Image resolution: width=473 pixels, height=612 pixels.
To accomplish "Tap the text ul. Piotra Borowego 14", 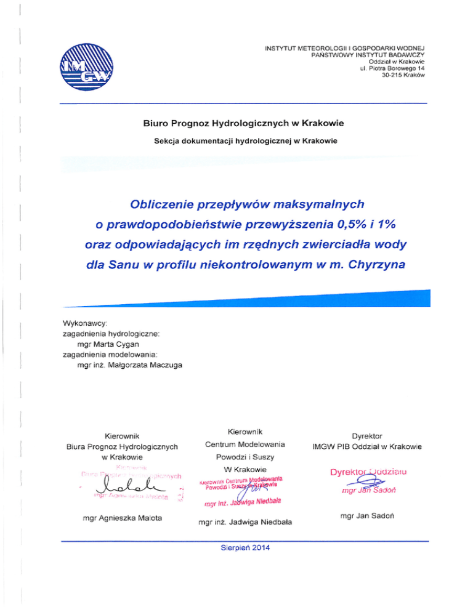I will point(392,76).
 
